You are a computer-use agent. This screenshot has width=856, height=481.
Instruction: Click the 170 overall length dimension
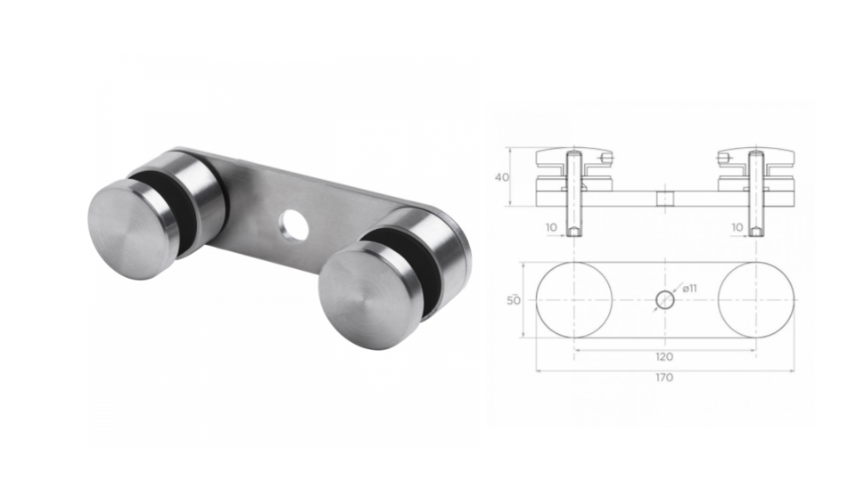(x=664, y=378)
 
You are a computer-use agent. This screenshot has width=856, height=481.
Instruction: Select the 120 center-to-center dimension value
(x=664, y=356)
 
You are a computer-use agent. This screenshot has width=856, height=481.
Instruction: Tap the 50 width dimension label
(x=514, y=300)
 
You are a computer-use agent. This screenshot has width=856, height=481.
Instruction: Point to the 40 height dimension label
(x=501, y=176)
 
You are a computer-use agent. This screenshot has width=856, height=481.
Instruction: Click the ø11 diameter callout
(x=690, y=288)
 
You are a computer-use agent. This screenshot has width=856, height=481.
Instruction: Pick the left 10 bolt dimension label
(x=551, y=228)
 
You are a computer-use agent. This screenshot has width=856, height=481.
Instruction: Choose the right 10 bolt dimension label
(x=737, y=228)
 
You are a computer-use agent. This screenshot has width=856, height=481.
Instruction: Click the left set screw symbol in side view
(x=605, y=159)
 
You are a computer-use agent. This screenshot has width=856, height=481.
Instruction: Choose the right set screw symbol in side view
(x=725, y=159)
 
